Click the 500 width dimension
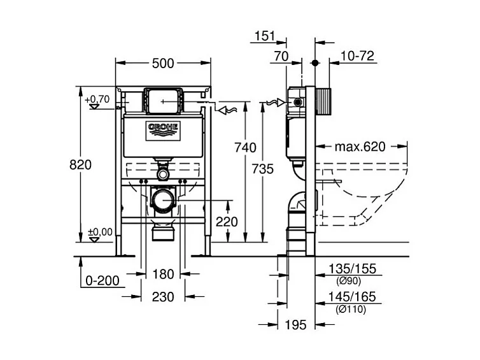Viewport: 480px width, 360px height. click(163, 63)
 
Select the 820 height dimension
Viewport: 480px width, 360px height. click(80, 164)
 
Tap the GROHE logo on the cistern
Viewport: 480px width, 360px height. click(165, 129)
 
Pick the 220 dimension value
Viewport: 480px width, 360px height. click(226, 222)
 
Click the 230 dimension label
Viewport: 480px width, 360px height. click(164, 297)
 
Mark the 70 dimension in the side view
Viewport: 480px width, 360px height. click(281, 57)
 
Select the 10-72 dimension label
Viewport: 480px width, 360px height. click(356, 57)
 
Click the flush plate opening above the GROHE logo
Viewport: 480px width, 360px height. click(164, 100)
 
